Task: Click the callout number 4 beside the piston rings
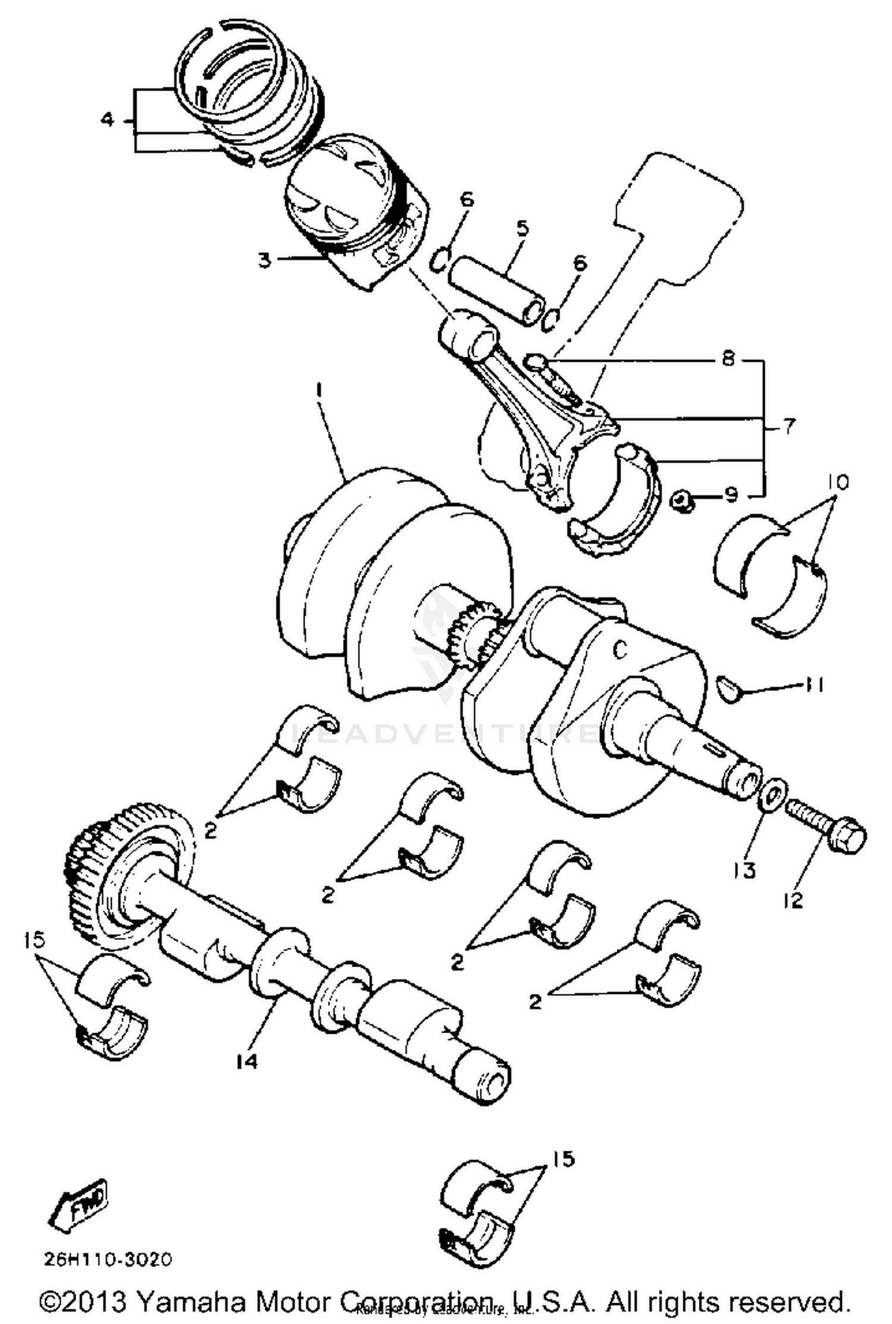click(107, 120)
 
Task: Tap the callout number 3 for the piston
click(265, 259)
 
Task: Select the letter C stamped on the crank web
click(620, 651)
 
